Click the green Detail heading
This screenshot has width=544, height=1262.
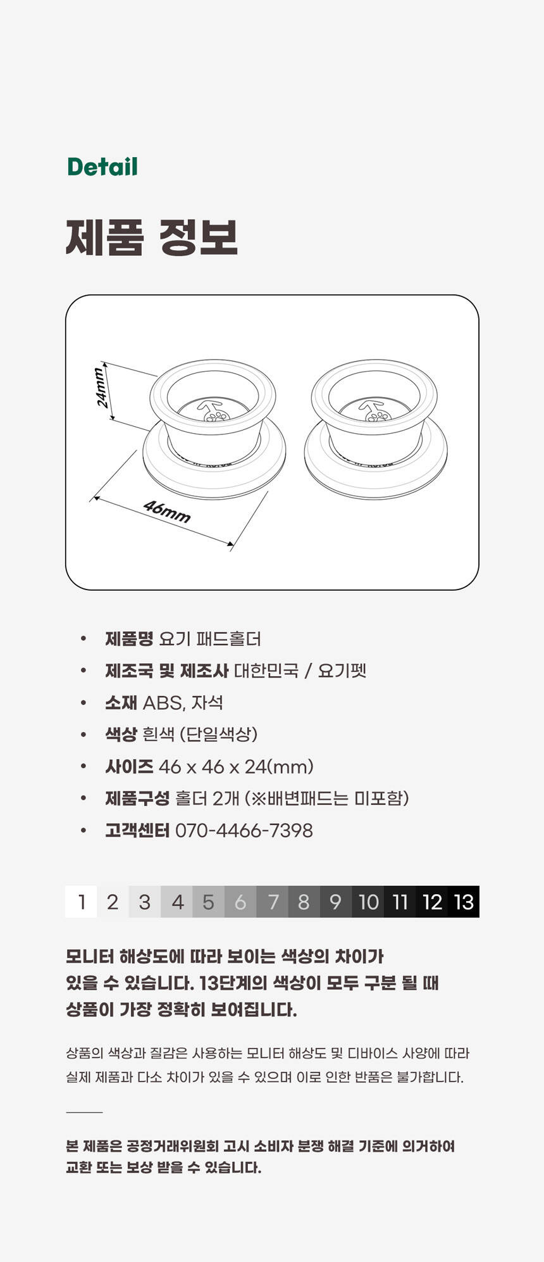pos(102,167)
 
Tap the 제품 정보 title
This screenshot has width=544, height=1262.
pos(152,237)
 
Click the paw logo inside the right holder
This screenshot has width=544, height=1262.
pos(378,415)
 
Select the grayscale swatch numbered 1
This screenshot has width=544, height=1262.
pos(81,902)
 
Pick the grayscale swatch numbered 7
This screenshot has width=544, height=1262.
pos(273,902)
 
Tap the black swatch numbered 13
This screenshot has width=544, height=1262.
pos(464,902)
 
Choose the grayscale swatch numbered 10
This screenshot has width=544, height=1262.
pos(368,902)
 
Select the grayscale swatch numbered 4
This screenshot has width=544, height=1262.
pos(177,902)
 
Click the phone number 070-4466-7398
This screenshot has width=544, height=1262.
pos(244,830)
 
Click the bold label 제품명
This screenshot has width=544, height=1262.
pos(129,638)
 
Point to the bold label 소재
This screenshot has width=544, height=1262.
pos(121,702)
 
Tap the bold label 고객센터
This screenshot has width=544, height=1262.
pos(137,830)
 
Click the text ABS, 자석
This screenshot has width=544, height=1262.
pos(183,702)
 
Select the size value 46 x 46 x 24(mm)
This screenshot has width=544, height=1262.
pos(236,767)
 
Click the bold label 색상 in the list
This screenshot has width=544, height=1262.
pos(121,735)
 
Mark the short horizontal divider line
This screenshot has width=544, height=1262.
pos(84,1111)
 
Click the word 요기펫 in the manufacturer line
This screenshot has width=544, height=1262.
pos(342,671)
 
